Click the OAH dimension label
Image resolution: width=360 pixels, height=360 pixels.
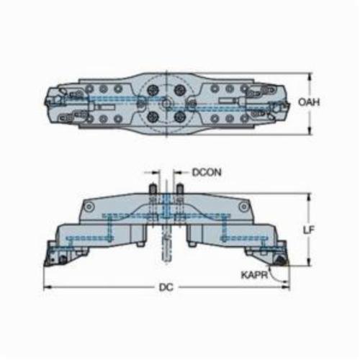[x=309, y=102]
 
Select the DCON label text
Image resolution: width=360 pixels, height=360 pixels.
[x=207, y=172]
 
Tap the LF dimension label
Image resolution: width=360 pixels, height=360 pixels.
[x=308, y=230]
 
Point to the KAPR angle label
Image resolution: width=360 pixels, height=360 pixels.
[x=254, y=275]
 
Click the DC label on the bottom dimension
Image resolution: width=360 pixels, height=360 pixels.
[x=166, y=287]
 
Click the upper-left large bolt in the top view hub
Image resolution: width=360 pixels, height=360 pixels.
[x=153, y=89]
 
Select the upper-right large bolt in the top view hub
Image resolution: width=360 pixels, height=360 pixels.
[x=180, y=89]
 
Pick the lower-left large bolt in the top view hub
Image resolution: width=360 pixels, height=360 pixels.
[x=153, y=117]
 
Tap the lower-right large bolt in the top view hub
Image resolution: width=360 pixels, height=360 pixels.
[x=180, y=117]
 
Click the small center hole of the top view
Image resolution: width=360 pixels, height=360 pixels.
[x=166, y=103]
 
